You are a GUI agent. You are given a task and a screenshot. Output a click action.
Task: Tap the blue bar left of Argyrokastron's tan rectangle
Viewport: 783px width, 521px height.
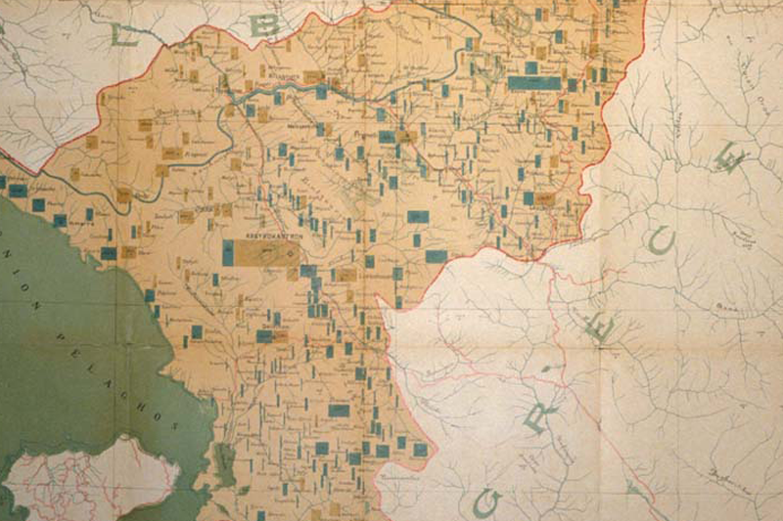click(228, 253)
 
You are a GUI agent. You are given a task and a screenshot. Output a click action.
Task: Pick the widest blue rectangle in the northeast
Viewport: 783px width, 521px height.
click(534, 83)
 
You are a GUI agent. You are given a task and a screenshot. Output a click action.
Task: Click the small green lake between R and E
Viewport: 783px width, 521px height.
click(547, 368)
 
